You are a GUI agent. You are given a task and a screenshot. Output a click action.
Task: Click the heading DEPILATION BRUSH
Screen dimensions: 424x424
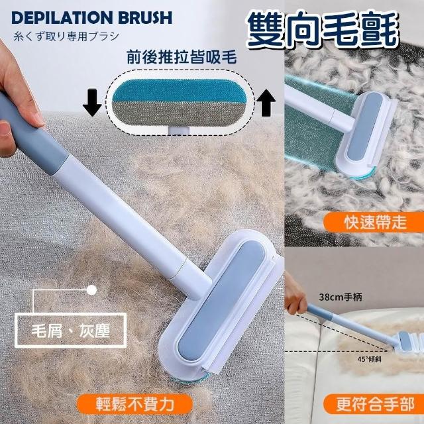click(x=91, y=18)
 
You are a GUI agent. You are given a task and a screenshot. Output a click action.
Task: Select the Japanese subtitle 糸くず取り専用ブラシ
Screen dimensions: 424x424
click(x=66, y=36)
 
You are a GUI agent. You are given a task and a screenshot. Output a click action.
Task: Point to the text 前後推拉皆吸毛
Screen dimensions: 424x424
click(x=182, y=58)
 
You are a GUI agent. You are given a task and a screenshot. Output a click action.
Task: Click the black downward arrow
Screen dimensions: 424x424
click(x=92, y=103)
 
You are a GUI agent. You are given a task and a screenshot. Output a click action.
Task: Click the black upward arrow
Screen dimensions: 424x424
click(x=266, y=103)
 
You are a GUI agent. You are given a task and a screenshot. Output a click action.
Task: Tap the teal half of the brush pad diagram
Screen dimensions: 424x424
click(x=180, y=91)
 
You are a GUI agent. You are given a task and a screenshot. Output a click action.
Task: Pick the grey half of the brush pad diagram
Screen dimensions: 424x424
click(x=180, y=113)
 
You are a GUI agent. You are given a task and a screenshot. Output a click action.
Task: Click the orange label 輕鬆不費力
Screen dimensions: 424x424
click(x=134, y=405)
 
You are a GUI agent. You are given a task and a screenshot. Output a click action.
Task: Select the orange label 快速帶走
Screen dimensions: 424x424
click(x=374, y=223)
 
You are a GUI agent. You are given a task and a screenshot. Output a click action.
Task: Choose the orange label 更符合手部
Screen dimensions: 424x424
click(x=374, y=405)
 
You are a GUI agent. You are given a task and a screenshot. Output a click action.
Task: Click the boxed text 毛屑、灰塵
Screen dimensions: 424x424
click(x=71, y=330)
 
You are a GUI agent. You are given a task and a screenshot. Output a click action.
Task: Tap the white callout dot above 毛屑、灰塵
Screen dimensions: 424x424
click(x=91, y=290)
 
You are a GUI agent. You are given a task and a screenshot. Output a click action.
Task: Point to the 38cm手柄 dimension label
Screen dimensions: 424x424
click(x=341, y=297)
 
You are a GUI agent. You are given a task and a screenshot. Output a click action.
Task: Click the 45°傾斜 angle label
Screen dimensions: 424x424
click(x=370, y=359)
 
